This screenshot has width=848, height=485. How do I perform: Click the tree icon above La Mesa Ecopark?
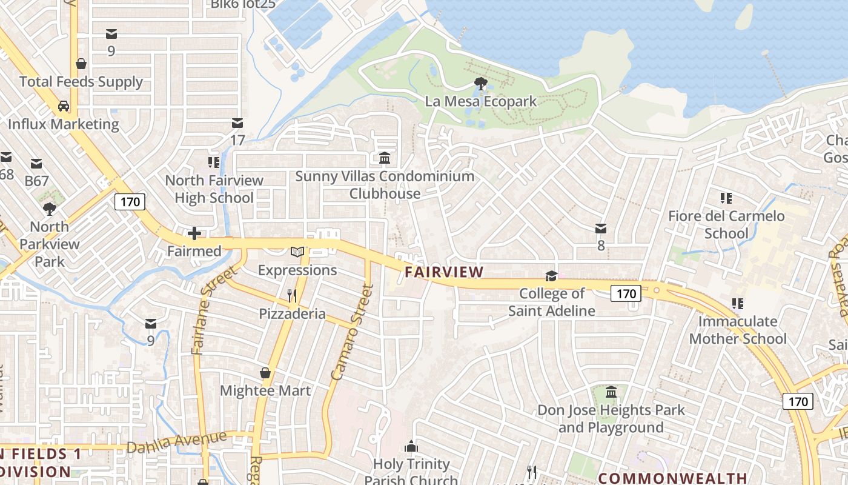point(481,84)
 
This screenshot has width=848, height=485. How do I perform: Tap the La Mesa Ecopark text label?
point(481,101)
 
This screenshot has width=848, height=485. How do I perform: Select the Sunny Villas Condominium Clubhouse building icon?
point(385,158)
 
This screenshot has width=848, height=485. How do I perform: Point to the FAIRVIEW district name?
point(444,272)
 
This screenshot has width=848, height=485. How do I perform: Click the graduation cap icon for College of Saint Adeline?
point(551,276)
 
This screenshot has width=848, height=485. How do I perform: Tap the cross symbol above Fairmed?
point(194,233)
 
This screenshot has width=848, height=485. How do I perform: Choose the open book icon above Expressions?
point(297,252)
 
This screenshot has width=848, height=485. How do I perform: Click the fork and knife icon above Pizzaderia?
point(292,296)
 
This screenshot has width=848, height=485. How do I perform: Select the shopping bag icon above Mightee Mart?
point(265,373)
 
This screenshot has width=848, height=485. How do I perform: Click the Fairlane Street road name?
point(213,310)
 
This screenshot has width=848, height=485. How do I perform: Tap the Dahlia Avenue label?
point(177,442)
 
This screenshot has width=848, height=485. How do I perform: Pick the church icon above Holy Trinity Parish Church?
point(411,447)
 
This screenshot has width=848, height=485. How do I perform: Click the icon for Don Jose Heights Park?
point(611,392)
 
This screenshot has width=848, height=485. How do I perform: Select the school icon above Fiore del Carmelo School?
point(726,198)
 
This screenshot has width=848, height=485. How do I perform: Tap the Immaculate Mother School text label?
point(738,330)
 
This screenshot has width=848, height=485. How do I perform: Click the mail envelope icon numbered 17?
point(237,124)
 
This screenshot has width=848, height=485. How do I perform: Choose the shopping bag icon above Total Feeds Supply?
point(81,64)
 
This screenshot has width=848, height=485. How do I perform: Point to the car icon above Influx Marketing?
point(64,107)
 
